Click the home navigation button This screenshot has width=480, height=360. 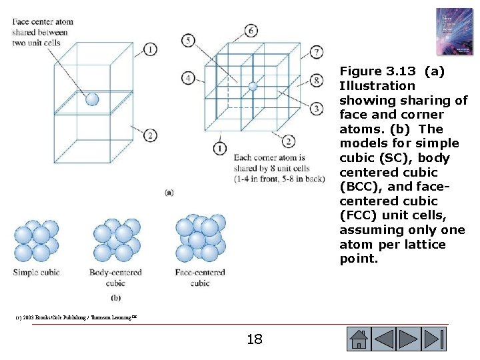[x=358, y=339]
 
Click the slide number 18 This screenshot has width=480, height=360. [x=254, y=340]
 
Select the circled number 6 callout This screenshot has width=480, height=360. [x=251, y=31]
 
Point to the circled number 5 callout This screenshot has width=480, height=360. [x=189, y=41]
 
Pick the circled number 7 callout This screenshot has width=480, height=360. [x=317, y=52]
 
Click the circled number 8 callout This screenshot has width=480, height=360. [x=317, y=81]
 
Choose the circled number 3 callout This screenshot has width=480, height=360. [x=317, y=108]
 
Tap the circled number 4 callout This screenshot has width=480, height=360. [x=189, y=79]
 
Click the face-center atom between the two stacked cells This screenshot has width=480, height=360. [x=92, y=99]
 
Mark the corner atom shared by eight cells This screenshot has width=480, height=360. [x=252, y=86]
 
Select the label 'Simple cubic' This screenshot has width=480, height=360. [x=35, y=273]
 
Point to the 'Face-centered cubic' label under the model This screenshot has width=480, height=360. [x=200, y=277]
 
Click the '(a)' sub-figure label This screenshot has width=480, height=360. [x=169, y=192]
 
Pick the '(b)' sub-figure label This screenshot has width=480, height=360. [x=115, y=297]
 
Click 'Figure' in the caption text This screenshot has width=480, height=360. [x=361, y=71]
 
